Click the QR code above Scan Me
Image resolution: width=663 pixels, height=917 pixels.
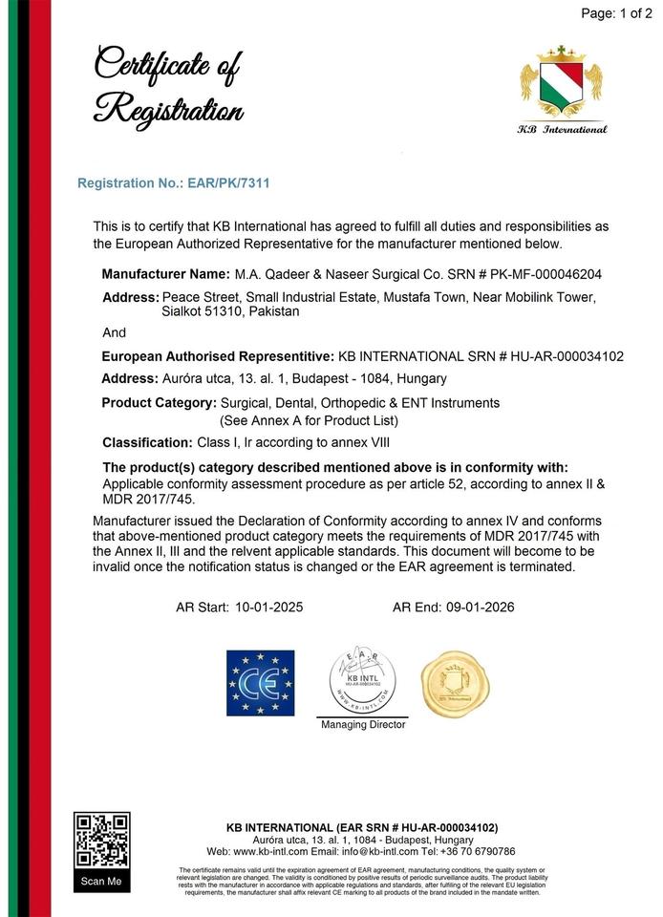[101, 841]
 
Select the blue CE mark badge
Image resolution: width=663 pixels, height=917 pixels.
[260, 683]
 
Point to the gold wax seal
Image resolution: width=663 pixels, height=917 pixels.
[456, 684]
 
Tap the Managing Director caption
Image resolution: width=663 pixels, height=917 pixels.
[363, 725]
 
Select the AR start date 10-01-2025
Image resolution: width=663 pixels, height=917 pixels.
[268, 607]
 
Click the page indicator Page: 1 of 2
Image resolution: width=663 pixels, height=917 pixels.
[615, 13]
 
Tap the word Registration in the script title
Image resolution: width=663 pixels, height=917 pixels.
[167, 110]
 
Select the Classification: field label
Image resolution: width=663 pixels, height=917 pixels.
[147, 442]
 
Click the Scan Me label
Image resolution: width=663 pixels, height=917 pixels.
[101, 882]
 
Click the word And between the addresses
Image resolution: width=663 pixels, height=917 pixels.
[114, 332]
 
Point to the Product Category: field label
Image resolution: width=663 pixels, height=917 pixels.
[159, 403]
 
